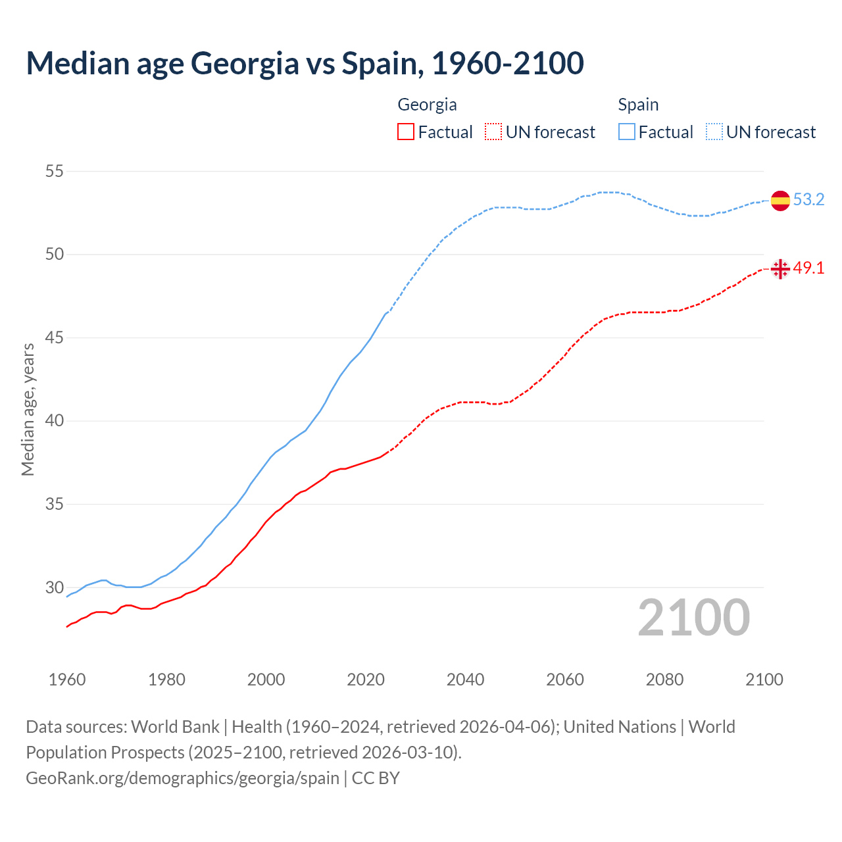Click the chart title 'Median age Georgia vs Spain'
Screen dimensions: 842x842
[x=305, y=63]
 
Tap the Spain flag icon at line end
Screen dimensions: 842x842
[x=780, y=200]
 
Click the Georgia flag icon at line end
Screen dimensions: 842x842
[x=780, y=268]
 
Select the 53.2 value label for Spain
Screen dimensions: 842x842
[x=808, y=199]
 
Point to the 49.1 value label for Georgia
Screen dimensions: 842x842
[x=808, y=268]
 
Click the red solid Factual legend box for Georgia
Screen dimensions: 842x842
[x=406, y=132]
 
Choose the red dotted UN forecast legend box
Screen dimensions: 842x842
[x=493, y=132]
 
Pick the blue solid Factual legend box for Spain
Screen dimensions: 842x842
[x=626, y=132]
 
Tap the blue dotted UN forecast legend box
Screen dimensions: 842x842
[x=714, y=132]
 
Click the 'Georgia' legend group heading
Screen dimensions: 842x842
[x=427, y=105]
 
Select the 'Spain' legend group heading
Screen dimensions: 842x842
[x=638, y=105]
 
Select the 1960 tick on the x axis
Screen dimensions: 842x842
[x=67, y=680]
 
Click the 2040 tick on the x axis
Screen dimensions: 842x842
[x=465, y=680]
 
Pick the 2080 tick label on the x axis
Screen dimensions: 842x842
[x=664, y=680]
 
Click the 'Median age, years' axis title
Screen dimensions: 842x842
[x=28, y=409]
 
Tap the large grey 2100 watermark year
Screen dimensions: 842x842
[x=693, y=618]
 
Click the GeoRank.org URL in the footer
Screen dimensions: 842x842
[x=182, y=778]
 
